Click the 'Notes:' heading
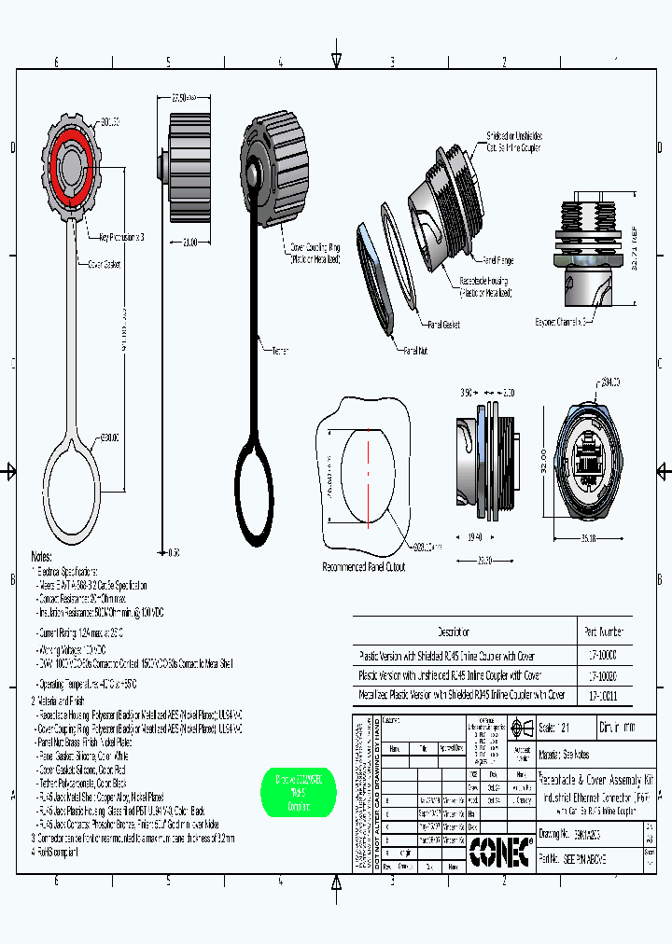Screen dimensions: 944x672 42,555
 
